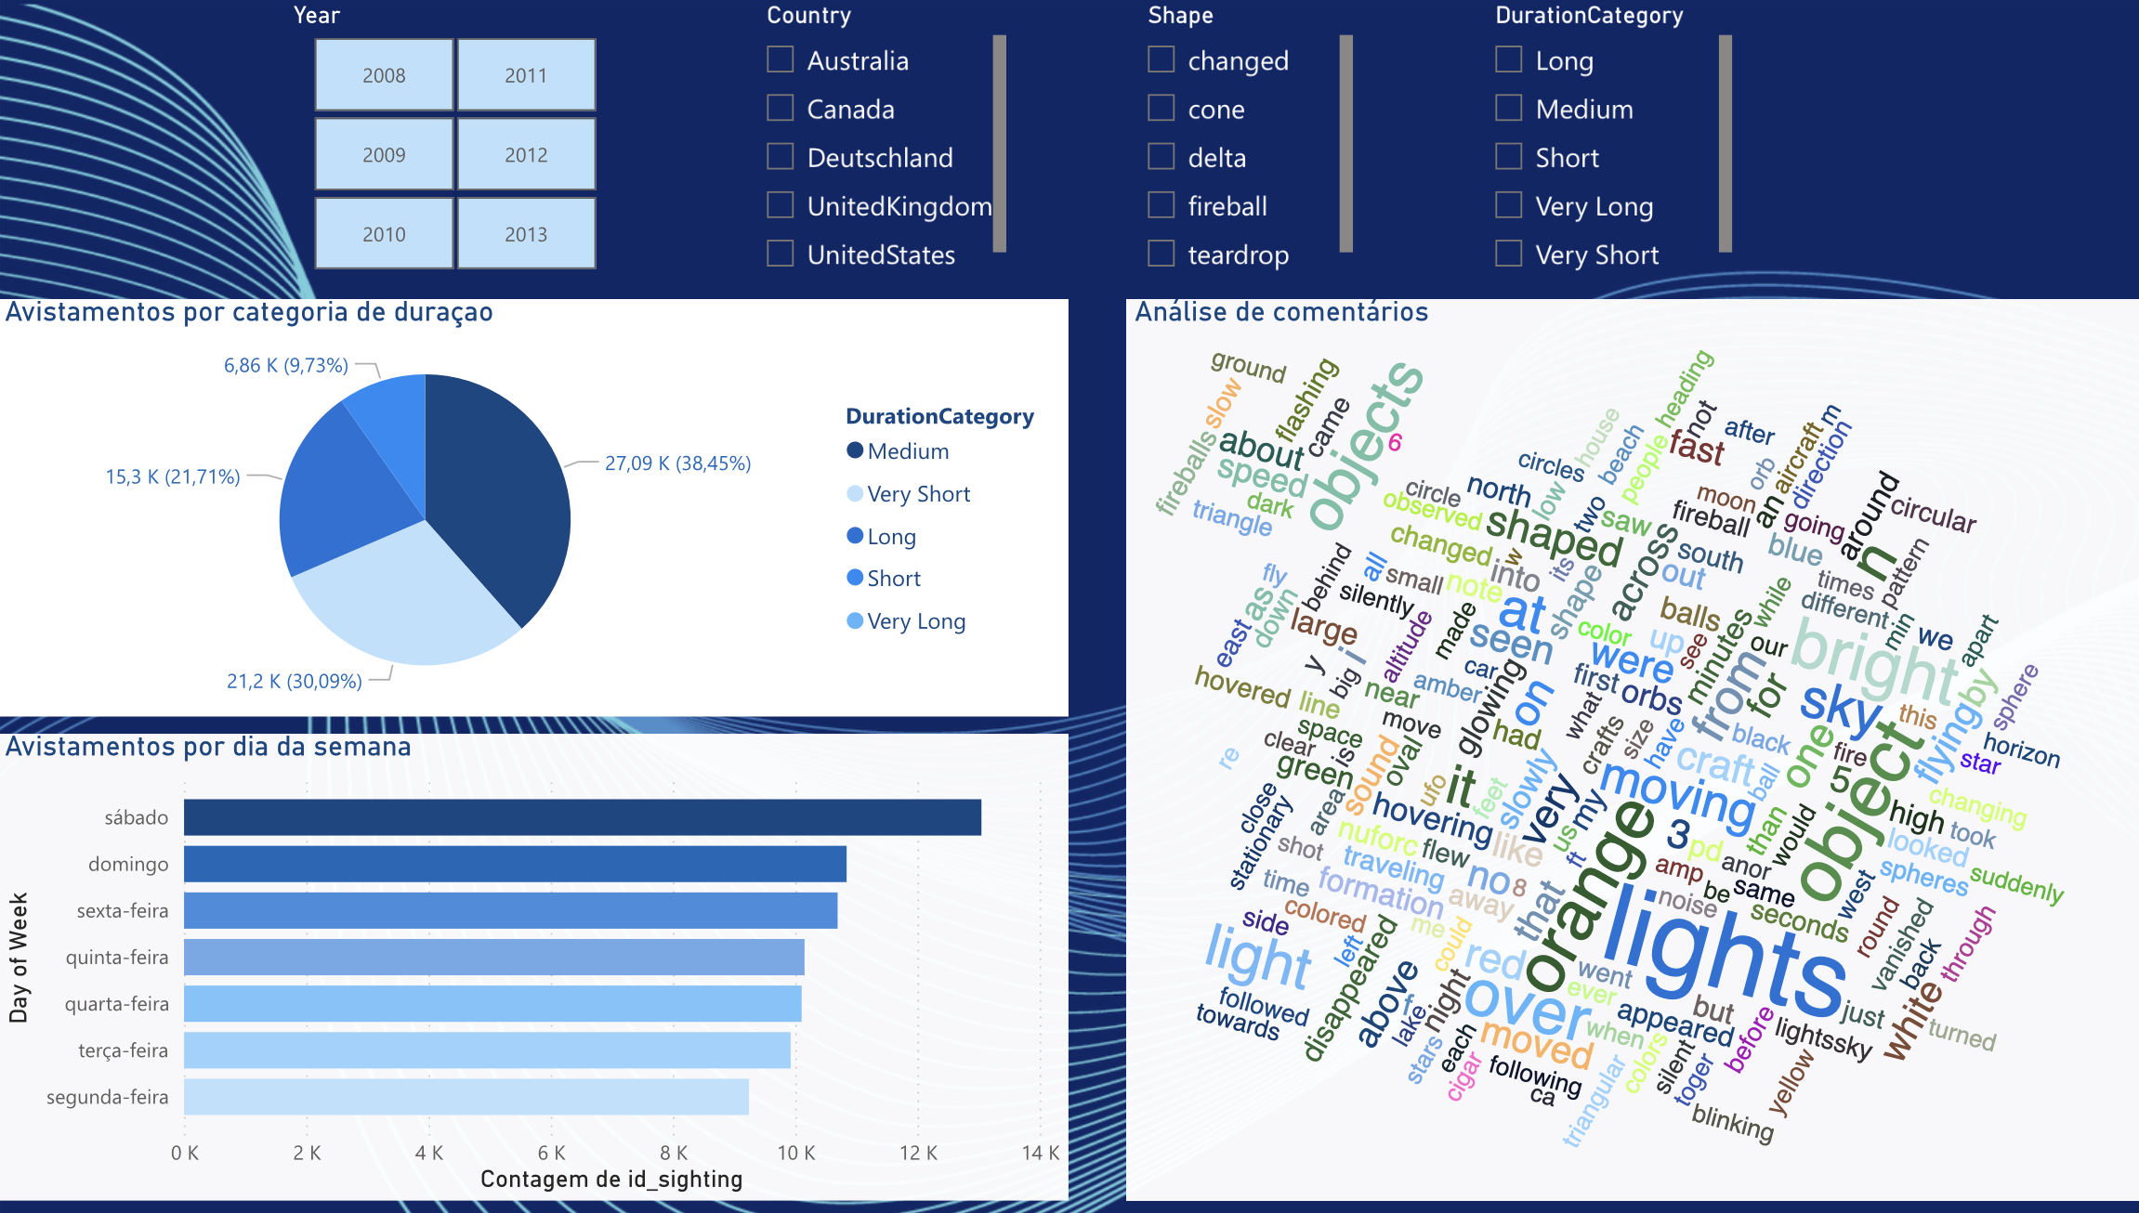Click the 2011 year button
click(x=526, y=75)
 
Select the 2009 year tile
click(x=384, y=155)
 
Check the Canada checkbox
click(x=781, y=109)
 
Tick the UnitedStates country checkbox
click(x=781, y=254)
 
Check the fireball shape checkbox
click(x=1161, y=205)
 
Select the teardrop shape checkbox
click(x=1161, y=254)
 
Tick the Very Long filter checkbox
click(x=1509, y=205)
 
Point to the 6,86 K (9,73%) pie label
click(x=286, y=366)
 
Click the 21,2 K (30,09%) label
click(x=295, y=682)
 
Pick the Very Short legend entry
click(x=918, y=494)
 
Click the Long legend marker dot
click(x=855, y=536)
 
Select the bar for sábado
click(x=582, y=817)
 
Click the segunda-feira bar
click(x=466, y=1097)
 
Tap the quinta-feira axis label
click(x=117, y=958)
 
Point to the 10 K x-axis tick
click(x=795, y=1154)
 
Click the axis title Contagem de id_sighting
click(x=611, y=1180)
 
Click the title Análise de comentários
click(x=1281, y=312)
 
